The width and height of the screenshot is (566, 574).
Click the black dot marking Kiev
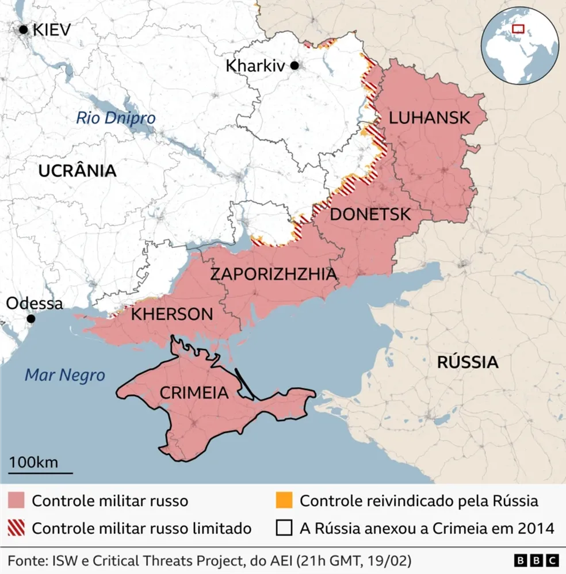coord(24,29)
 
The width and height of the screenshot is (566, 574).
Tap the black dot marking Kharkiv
coord(295,66)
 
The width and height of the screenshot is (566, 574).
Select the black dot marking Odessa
coord(31,319)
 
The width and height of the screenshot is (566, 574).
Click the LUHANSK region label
coord(429,118)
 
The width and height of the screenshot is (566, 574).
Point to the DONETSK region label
coord(370,215)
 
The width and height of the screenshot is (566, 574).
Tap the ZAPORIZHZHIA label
coord(273,274)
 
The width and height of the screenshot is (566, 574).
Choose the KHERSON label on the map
coord(172,314)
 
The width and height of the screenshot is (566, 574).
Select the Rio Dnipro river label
coord(116,118)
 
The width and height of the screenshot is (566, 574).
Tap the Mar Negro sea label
coord(64,376)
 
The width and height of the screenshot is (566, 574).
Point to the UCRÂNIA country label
coord(78,170)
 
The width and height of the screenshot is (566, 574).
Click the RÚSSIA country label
coord(467,362)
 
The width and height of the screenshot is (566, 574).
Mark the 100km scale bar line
coord(40,473)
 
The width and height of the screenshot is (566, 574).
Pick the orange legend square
coord(284,501)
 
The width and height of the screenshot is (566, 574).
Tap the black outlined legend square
coord(284,528)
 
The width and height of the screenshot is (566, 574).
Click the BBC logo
coord(536,560)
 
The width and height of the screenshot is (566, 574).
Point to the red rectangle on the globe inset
coord(518,28)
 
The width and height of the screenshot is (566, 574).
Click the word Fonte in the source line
coord(26,560)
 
